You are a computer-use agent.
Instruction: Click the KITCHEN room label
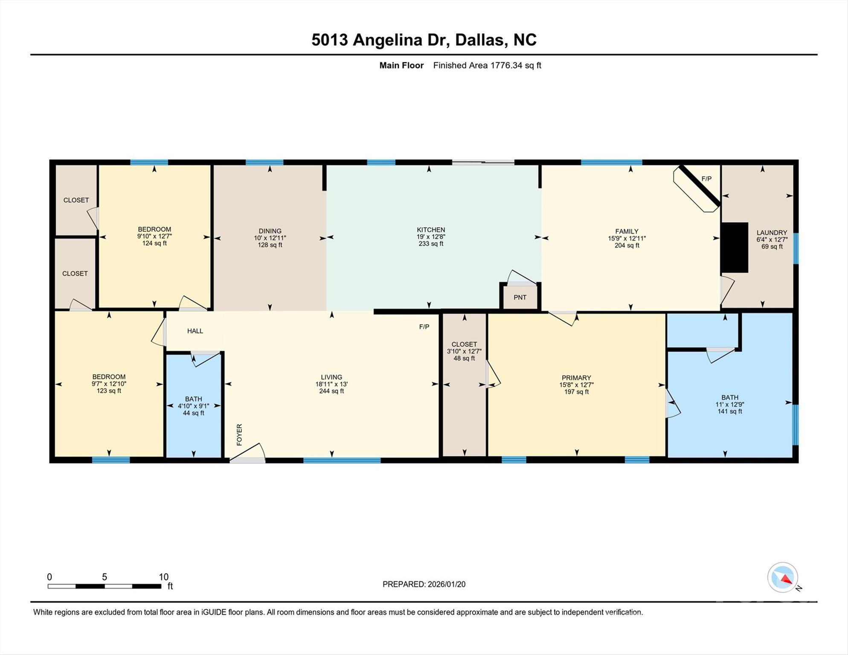pyautogui.click(x=431, y=229)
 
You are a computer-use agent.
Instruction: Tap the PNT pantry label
pyautogui.click(x=520, y=297)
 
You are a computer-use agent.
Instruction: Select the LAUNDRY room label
pyautogui.click(x=772, y=232)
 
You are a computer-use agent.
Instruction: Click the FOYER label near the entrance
pyautogui.click(x=239, y=435)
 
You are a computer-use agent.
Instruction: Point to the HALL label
pyautogui.click(x=195, y=331)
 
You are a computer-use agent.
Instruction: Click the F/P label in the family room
pyautogui.click(x=706, y=179)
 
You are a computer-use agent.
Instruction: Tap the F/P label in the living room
pyautogui.click(x=424, y=327)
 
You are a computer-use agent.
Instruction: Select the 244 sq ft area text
pyautogui.click(x=331, y=391)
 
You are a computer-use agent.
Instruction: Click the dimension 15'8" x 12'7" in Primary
pyautogui.click(x=576, y=385)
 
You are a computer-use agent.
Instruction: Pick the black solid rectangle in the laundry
pyautogui.click(x=734, y=247)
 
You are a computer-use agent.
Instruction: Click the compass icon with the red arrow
pyautogui.click(x=783, y=577)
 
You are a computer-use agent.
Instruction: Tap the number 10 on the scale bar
pyautogui.click(x=164, y=577)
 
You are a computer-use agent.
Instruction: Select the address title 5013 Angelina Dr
pyautogui.click(x=424, y=40)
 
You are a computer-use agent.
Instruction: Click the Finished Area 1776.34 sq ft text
pyautogui.click(x=487, y=65)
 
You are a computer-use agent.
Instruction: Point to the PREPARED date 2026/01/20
pyautogui.click(x=424, y=584)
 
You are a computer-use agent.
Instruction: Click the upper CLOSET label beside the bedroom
pyautogui.click(x=76, y=200)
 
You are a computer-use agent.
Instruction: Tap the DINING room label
pyautogui.click(x=270, y=231)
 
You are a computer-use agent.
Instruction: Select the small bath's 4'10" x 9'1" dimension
pyautogui.click(x=193, y=406)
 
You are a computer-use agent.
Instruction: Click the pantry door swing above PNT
pyautogui.click(x=521, y=278)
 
